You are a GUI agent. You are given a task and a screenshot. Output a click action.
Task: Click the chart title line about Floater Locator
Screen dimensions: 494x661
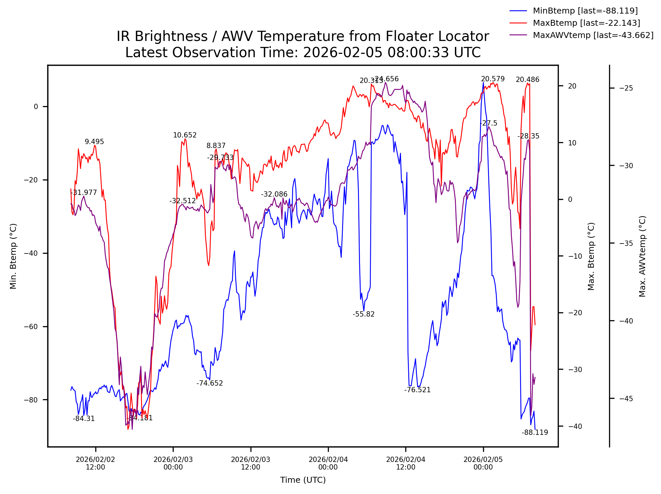pos(303,36)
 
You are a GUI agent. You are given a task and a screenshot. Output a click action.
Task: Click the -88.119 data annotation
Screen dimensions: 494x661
pos(535,433)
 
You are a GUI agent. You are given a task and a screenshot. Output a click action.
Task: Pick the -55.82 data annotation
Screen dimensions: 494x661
pos(364,314)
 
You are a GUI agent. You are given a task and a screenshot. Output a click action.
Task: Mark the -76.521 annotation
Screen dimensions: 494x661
pos(417,390)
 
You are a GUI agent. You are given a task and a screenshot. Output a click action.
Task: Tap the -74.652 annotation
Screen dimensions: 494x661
pos(210,383)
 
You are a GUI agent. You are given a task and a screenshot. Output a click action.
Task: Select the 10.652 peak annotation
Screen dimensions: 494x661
pos(185,135)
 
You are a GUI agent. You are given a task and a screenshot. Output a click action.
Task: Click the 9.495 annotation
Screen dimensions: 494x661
pos(94,142)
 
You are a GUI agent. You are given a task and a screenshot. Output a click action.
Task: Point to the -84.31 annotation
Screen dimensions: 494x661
pos(84,419)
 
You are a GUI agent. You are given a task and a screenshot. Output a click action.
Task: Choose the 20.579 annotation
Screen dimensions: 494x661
pos(493,79)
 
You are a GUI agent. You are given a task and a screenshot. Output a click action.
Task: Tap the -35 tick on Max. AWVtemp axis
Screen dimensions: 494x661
pos(626,243)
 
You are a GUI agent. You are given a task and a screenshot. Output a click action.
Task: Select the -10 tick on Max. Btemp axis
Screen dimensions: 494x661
pos(574,256)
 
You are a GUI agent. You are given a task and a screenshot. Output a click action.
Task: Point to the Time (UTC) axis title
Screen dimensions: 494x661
pos(303,480)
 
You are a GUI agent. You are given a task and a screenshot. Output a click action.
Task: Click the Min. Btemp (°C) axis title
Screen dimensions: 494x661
pos(13,256)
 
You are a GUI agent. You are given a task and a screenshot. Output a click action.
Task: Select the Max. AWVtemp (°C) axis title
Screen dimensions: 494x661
pos(642,256)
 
